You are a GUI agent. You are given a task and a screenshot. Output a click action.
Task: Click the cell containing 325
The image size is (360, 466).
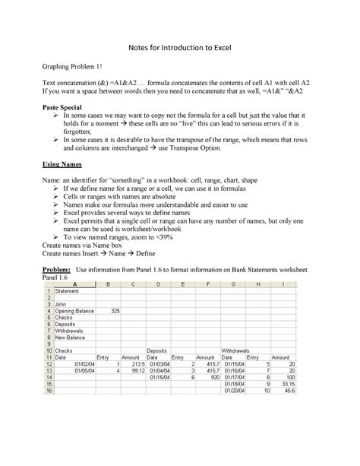click(x=115, y=311)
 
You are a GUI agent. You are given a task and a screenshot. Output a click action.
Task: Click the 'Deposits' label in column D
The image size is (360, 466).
click(x=157, y=350)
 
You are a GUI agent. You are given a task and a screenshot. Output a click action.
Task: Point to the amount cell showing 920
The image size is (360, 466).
click(x=212, y=376)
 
